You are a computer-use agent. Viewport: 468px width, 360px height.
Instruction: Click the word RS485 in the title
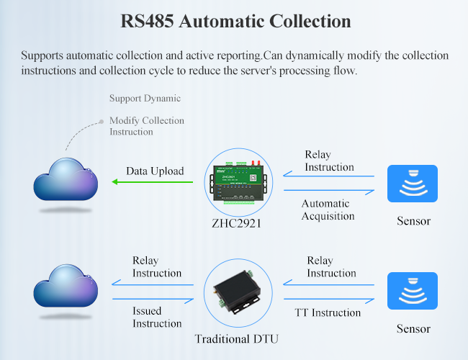(147, 21)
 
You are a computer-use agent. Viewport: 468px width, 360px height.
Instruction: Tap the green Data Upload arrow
(152, 181)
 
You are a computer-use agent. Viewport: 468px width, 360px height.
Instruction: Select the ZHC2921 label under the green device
(236, 223)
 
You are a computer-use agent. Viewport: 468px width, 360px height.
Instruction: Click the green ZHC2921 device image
(238, 182)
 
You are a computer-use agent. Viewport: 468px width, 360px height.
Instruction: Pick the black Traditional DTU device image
(238, 292)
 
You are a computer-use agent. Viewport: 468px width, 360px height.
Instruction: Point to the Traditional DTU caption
(236, 339)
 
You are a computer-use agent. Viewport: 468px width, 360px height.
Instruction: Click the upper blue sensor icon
(413, 184)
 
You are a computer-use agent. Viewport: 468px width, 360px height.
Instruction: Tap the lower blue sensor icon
(413, 291)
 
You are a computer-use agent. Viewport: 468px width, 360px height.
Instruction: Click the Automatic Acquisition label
(328, 210)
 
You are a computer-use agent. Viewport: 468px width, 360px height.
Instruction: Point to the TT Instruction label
(328, 312)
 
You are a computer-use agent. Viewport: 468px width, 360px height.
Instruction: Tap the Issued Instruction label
(157, 317)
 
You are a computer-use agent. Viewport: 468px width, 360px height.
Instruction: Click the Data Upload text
(155, 171)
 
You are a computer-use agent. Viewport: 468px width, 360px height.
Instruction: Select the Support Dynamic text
(145, 98)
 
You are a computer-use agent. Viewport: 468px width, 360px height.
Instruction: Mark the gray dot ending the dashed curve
(102, 122)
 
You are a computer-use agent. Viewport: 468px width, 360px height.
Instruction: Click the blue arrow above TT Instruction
(329, 300)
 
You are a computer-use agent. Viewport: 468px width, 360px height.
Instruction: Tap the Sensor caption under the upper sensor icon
(413, 221)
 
